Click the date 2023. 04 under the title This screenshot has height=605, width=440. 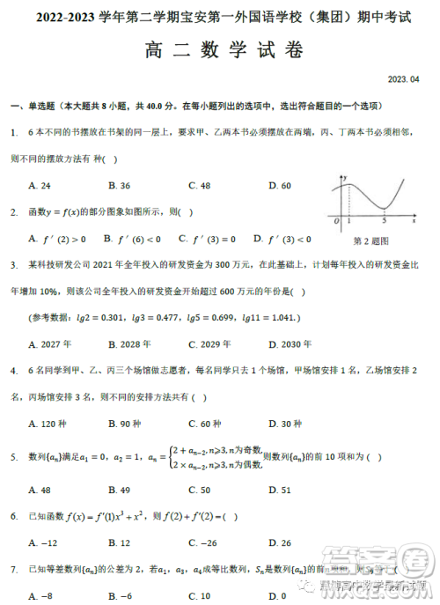tap(403, 79)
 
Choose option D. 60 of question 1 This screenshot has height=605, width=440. tap(280, 186)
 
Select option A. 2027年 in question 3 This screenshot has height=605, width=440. tap(50, 343)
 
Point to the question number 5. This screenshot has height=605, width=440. tap(14, 457)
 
